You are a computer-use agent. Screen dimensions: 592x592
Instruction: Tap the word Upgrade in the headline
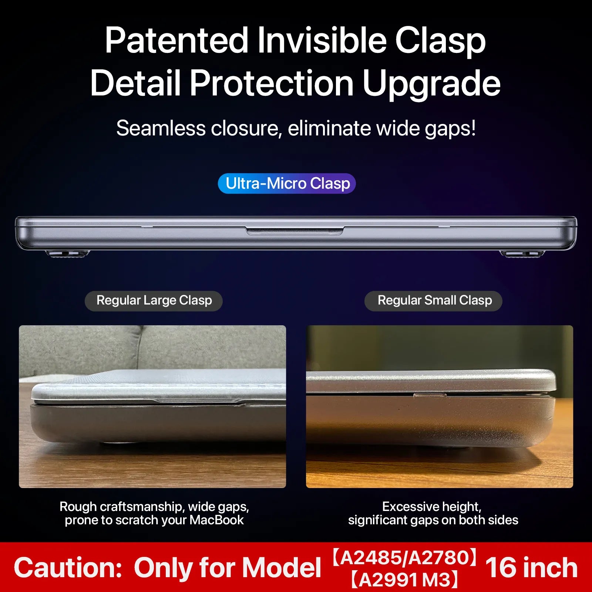431,84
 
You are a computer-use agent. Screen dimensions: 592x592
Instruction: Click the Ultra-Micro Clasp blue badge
287,184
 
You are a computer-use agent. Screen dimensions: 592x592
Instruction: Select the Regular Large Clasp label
154,301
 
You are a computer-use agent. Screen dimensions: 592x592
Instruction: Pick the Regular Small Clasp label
433,301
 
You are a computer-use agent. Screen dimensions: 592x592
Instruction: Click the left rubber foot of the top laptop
67,253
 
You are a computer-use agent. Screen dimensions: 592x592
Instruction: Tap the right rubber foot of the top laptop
522,253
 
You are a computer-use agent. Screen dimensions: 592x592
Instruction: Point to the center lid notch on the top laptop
295,231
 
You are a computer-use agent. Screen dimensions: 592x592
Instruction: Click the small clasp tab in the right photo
430,396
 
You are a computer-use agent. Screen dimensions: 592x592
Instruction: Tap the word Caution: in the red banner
68,568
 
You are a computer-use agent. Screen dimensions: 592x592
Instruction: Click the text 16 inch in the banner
531,568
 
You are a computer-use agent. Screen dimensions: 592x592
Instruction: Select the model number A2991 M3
404,580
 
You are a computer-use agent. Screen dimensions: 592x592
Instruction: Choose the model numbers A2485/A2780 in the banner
405,558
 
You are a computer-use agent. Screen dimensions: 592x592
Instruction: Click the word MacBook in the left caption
216,520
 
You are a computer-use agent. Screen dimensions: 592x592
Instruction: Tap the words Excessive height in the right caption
431,507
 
